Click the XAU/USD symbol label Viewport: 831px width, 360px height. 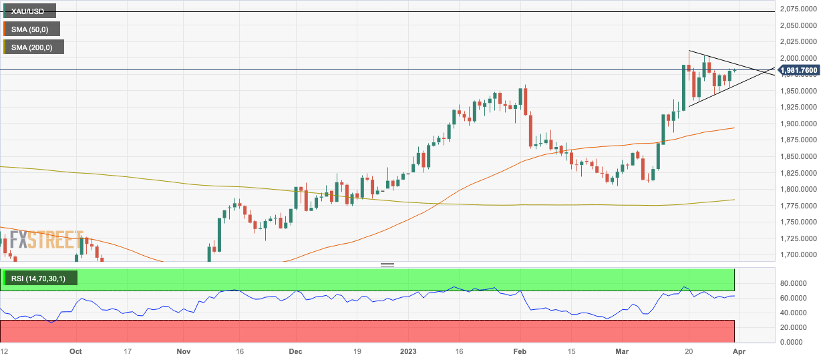(28, 11)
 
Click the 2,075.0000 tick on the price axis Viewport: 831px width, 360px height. (800, 9)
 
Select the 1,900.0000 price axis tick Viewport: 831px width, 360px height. (800, 124)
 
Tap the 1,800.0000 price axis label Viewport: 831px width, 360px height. (800, 189)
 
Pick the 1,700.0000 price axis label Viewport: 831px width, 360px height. (800, 254)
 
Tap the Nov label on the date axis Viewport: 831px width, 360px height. (184, 351)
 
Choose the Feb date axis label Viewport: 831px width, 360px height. (521, 351)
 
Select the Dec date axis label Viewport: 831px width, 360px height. (295, 351)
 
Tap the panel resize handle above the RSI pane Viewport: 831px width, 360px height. (387, 264)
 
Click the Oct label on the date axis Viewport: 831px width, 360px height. (75, 351)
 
